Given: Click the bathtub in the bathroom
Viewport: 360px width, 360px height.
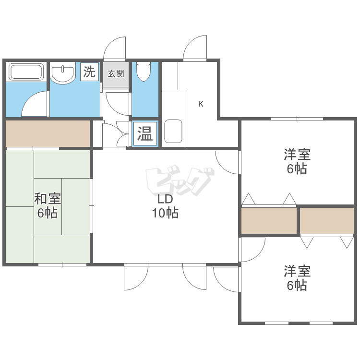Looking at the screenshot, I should [27, 72].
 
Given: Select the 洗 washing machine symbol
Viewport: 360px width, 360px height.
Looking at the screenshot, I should [89, 72].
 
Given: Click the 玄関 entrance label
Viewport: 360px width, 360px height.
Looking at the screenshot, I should [115, 74].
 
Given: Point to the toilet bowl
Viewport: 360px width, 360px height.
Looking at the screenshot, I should [144, 72].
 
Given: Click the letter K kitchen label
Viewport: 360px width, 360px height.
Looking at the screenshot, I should [201, 104].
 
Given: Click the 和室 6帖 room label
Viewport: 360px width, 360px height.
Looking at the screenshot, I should [47, 205].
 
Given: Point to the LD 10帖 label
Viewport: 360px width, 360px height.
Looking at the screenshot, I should [165, 206].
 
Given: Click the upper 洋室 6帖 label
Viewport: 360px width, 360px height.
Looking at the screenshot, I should [297, 162].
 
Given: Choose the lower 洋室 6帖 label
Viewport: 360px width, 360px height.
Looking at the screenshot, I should [297, 278].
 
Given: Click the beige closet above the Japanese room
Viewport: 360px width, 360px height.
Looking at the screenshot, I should [48, 133].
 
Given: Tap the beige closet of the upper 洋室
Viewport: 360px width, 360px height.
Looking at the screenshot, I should [269, 220].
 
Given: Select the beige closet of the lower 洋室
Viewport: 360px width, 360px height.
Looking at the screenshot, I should [327, 220].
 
